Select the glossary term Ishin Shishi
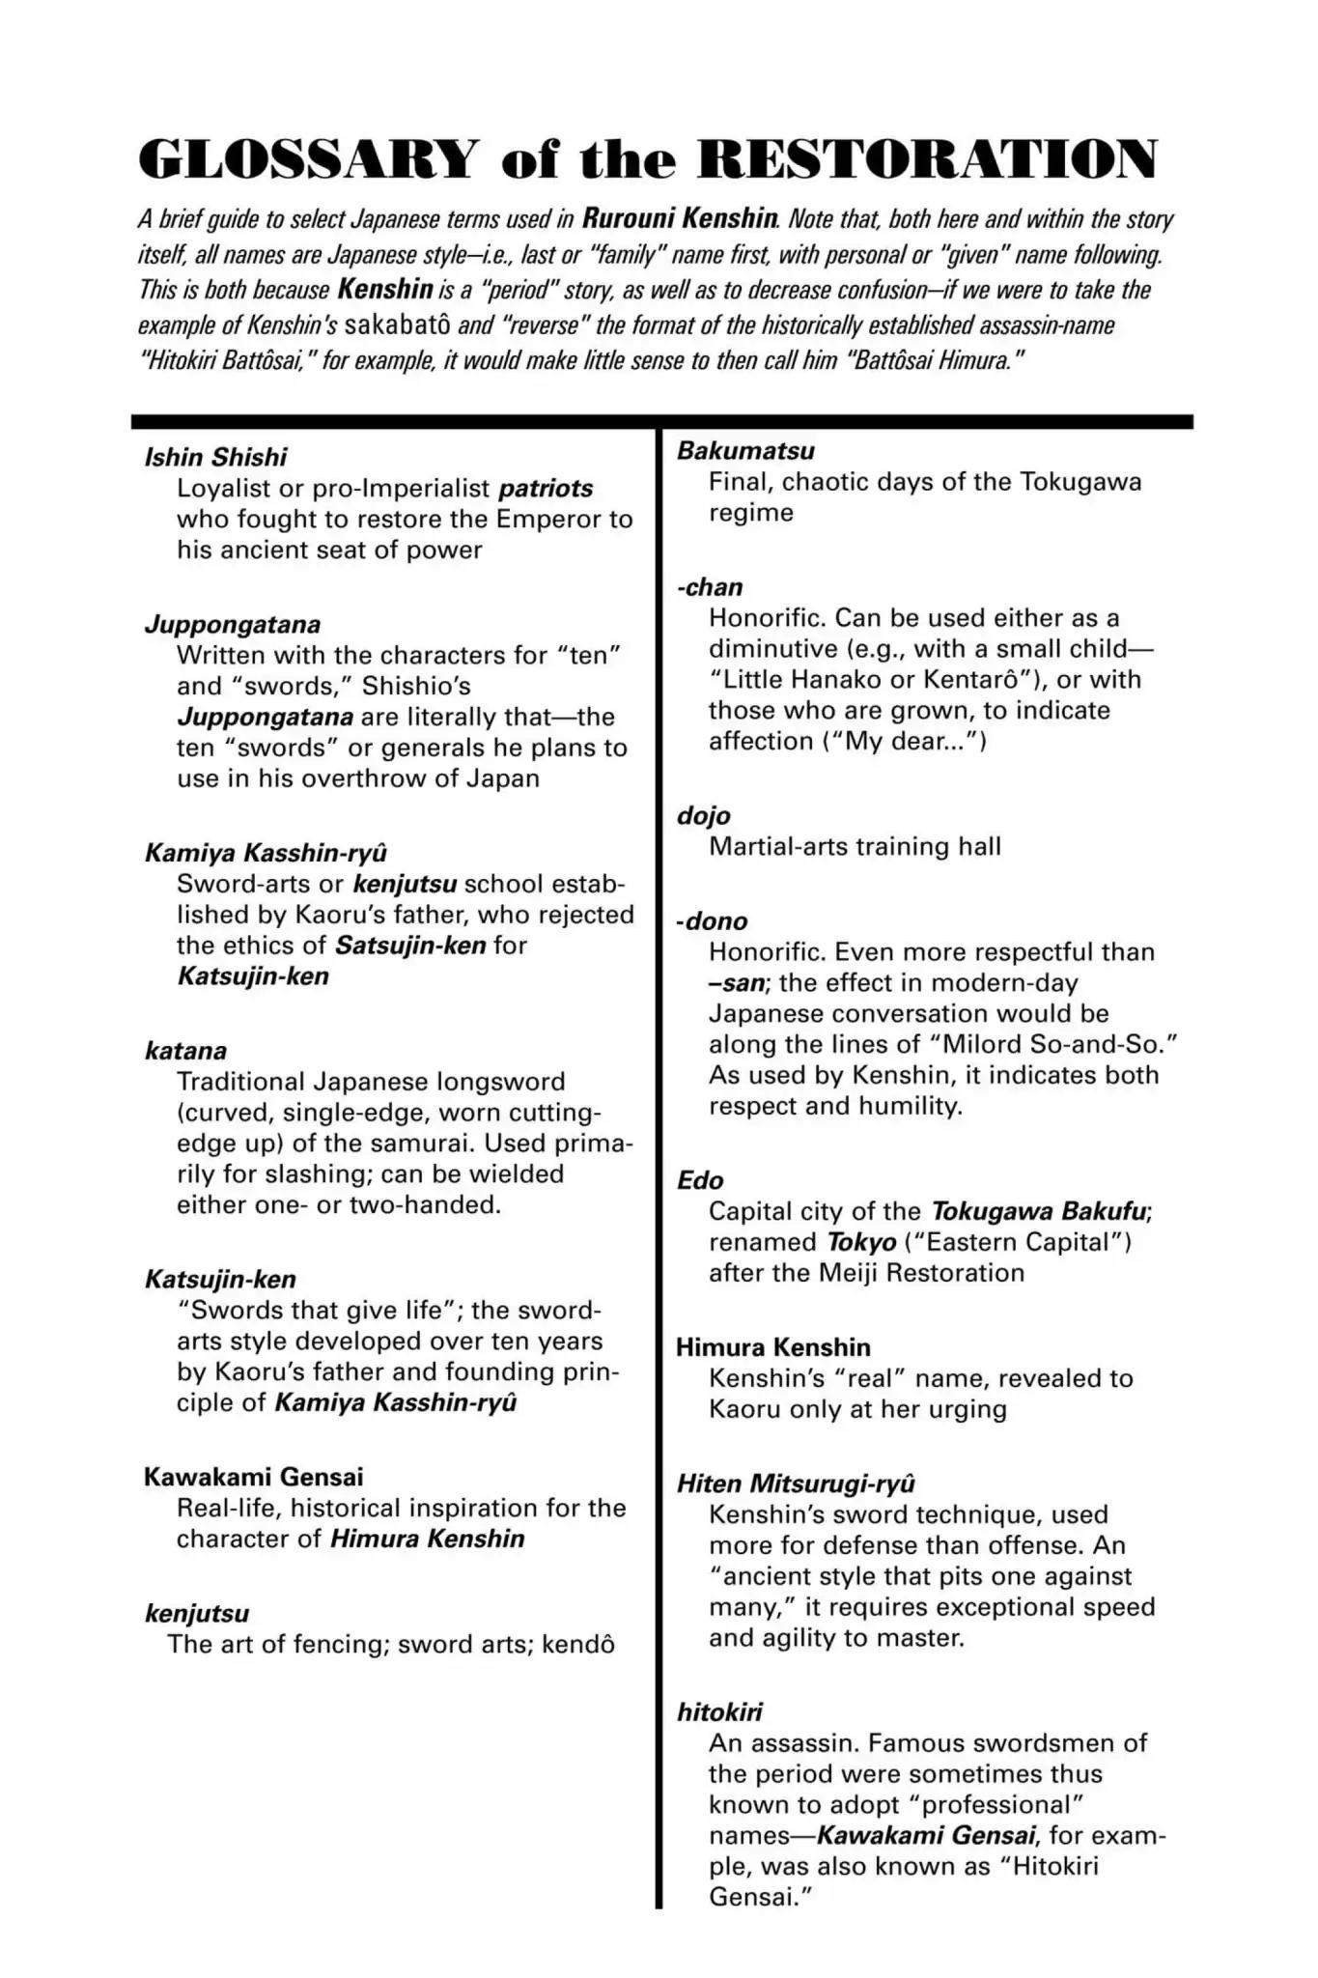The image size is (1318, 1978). pos(215,457)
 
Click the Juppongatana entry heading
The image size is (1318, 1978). pos(233,624)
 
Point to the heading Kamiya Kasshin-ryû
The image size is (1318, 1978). pos(266,853)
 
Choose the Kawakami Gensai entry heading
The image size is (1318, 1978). pos(254,1477)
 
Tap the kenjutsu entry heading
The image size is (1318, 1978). pos(197,1613)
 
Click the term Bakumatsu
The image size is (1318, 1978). pos(745,451)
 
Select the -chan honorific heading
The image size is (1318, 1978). pos(710,587)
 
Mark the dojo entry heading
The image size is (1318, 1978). pos(703,816)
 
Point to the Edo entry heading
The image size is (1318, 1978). pos(700,1180)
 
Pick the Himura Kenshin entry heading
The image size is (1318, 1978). pos(772,1347)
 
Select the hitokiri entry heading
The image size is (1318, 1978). pos(719,1712)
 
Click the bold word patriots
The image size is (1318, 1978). pos(546,489)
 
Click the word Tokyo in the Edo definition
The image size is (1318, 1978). pos(861,1242)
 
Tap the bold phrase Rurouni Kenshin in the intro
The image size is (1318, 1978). pos(680,218)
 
